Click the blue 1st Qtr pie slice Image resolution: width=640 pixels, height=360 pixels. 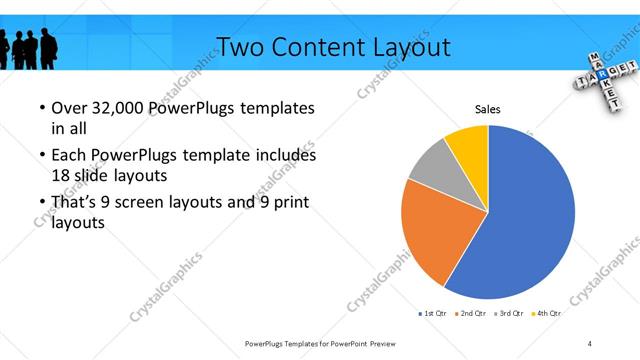point(530,220)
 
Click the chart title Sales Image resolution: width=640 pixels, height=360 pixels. point(487,110)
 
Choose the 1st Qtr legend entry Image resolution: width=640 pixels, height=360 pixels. point(432,313)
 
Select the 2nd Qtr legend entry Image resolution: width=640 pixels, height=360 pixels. point(470,313)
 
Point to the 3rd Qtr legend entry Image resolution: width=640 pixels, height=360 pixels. point(509,313)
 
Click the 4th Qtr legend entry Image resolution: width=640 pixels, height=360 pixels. point(546,313)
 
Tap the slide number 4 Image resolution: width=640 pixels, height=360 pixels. point(590,343)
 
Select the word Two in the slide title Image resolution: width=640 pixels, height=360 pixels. point(239,47)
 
